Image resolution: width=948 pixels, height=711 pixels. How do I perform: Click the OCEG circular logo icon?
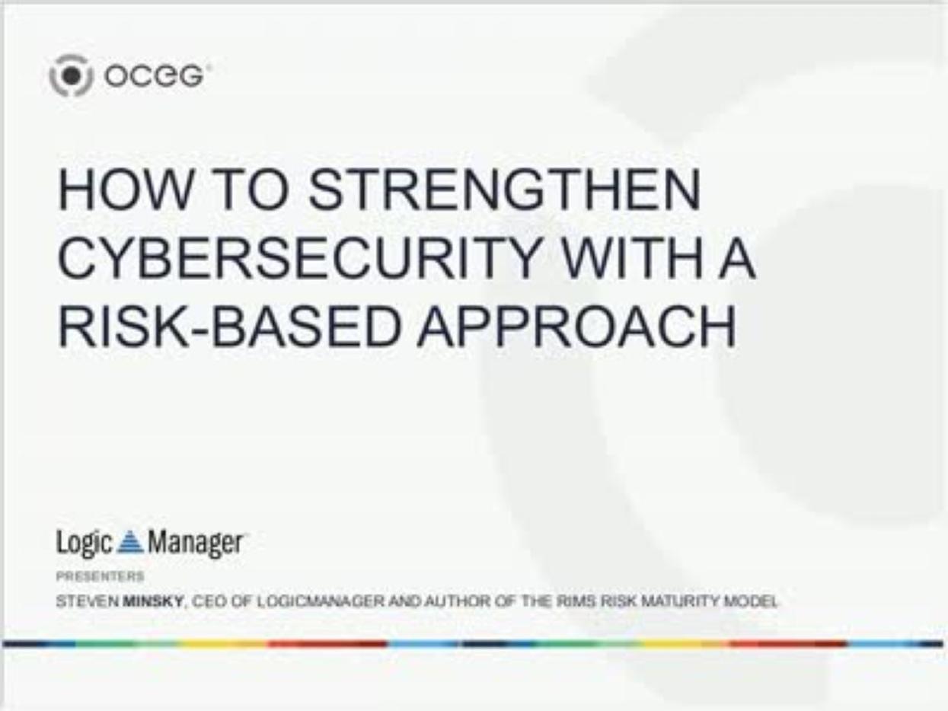pyautogui.click(x=71, y=76)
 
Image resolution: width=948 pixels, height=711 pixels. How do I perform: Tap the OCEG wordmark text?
pyautogui.click(x=154, y=76)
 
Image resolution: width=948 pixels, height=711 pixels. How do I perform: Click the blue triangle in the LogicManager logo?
pyautogui.click(x=130, y=542)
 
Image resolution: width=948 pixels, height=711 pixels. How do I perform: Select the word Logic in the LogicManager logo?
pyautogui.click(x=84, y=543)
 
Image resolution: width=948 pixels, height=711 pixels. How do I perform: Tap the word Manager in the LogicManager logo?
pyautogui.click(x=195, y=543)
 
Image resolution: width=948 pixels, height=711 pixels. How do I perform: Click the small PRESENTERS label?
pyautogui.click(x=100, y=575)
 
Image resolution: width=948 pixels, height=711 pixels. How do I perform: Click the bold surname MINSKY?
pyautogui.click(x=153, y=601)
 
